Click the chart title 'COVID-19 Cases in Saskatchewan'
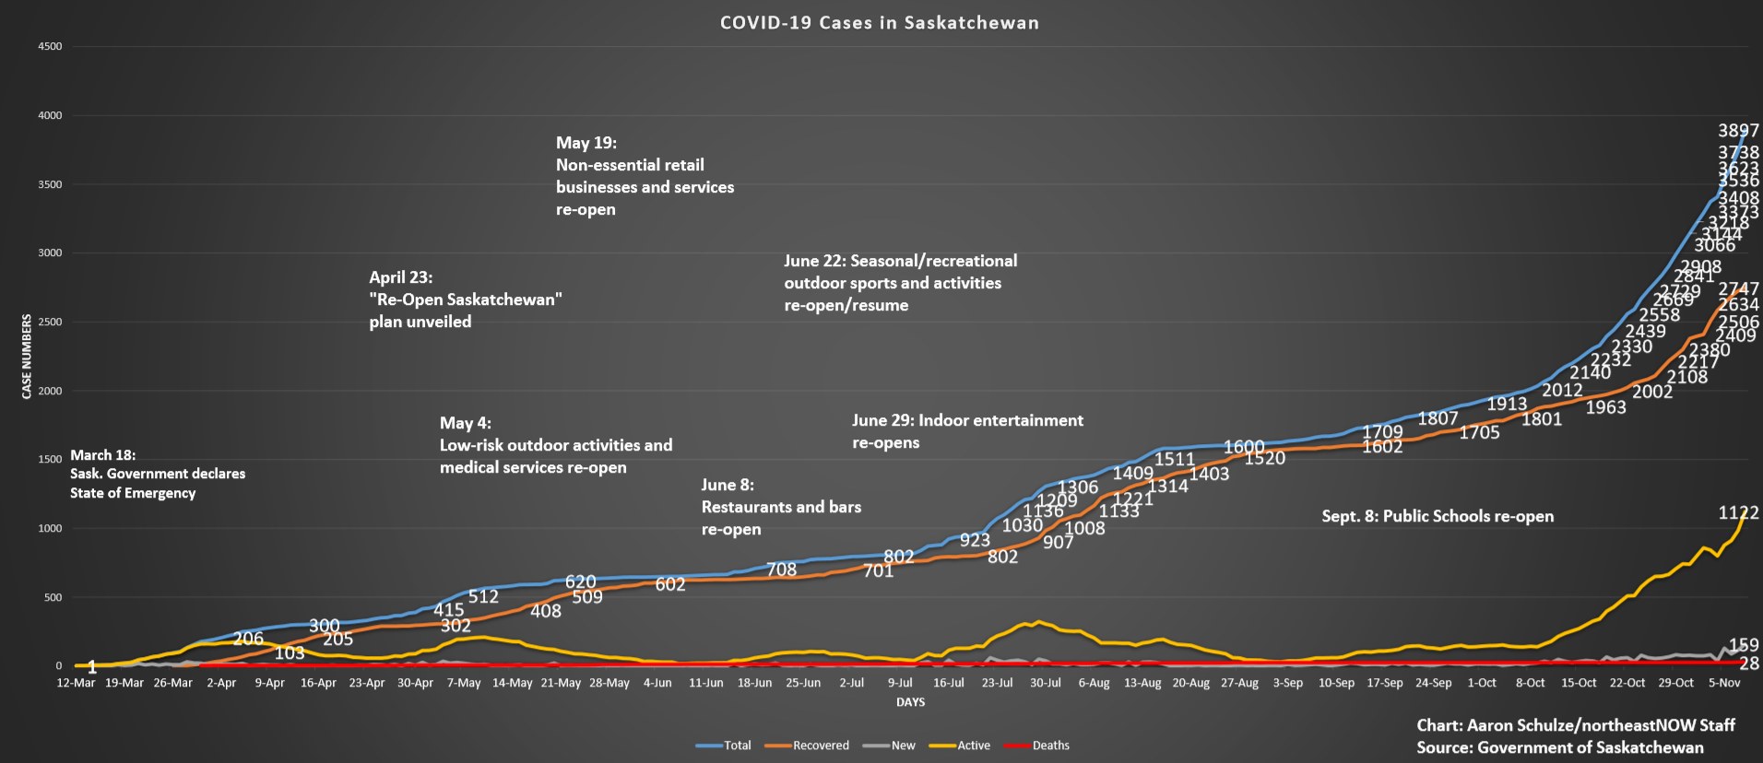click(879, 23)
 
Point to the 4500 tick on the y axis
click(50, 47)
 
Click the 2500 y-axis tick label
click(50, 323)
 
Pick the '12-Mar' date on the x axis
click(76, 683)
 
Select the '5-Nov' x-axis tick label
click(1723, 683)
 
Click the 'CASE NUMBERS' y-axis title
click(27, 357)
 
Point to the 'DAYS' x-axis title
click(910, 702)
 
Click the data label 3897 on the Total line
click(1738, 131)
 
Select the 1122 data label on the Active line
click(1738, 513)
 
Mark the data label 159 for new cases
click(1744, 645)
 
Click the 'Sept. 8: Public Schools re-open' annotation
click(1438, 516)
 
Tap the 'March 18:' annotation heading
click(103, 455)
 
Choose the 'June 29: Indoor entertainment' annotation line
click(967, 421)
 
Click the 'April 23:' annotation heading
click(401, 277)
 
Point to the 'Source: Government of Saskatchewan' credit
click(1560, 747)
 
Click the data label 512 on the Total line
click(483, 597)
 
